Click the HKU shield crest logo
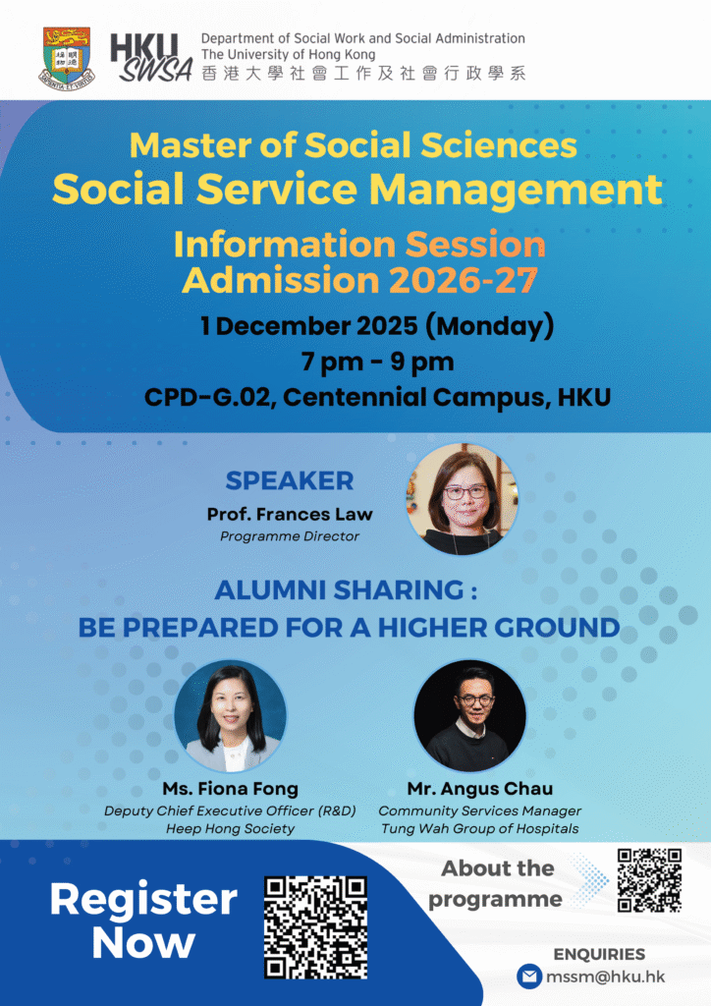67,58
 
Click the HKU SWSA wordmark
152,58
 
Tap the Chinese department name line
363,73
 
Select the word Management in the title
517,190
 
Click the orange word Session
475,245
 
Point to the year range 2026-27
463,280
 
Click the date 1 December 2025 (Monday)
377,326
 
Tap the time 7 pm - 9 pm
378,362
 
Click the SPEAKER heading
289,480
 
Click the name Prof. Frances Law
289,514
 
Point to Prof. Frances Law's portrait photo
463,500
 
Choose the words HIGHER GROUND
499,628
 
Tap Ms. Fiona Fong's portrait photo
230,716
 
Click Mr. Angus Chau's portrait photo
470,716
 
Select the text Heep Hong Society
230,829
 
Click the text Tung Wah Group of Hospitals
479,829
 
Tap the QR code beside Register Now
316,927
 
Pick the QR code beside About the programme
649,880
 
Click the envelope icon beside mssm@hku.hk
529,977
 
